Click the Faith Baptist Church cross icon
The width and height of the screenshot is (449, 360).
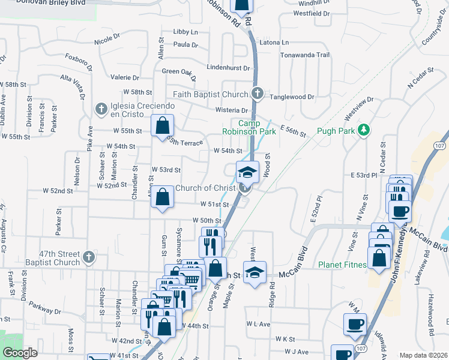[258, 94]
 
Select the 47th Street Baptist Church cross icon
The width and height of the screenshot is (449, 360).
[89, 257]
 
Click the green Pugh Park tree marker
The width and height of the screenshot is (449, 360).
[363, 130]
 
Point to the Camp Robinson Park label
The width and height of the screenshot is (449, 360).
[249, 127]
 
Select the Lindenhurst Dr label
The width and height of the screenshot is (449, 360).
[228, 67]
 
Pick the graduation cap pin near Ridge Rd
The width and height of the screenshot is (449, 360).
[255, 272]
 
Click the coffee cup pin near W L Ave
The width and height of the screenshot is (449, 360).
[354, 324]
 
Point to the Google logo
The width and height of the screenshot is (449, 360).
[20, 353]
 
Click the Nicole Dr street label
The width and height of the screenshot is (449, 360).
[107, 42]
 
